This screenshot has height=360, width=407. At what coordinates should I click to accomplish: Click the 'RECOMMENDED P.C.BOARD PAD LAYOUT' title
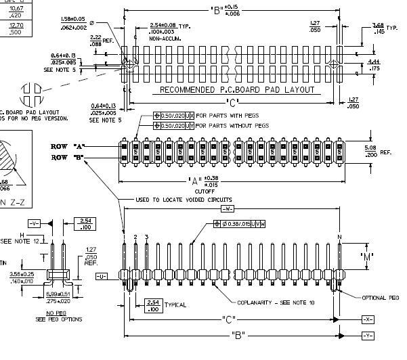(237, 89)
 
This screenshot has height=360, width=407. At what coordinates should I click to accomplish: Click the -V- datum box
(35, 223)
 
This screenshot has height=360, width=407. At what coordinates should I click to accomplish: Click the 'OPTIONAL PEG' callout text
(381, 297)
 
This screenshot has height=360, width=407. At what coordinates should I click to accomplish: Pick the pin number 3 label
(146, 236)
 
